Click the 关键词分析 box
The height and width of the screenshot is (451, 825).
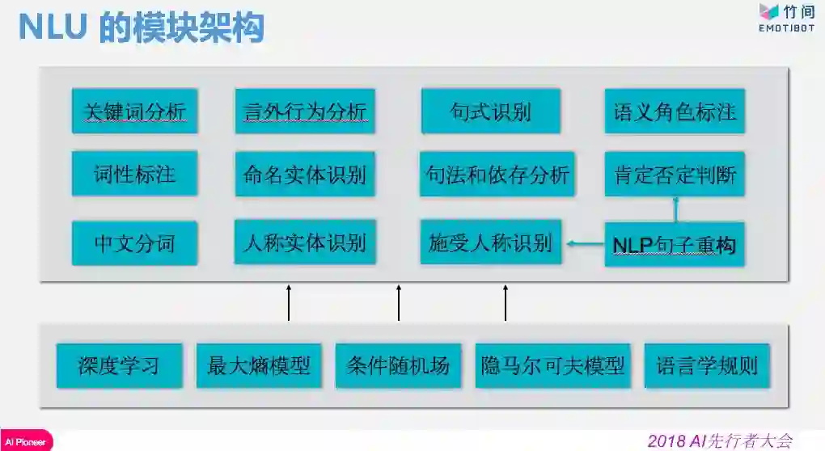[x=134, y=112]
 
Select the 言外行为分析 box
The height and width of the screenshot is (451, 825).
[x=305, y=112]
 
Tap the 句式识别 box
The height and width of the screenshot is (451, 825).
[x=491, y=112]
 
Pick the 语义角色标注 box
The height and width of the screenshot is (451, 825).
[x=675, y=112]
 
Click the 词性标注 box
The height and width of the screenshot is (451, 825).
[x=134, y=174]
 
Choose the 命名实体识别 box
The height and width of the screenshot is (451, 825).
[x=305, y=174]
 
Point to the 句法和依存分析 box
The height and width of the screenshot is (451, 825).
[x=497, y=174]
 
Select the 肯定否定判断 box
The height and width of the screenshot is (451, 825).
[x=675, y=174]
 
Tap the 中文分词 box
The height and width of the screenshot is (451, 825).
[x=134, y=243]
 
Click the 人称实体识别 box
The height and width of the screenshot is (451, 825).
[x=305, y=242]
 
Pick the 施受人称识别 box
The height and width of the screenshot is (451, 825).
[x=491, y=242]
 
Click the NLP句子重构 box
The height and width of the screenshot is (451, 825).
[x=675, y=244]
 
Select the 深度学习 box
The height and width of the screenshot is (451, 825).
[x=119, y=365]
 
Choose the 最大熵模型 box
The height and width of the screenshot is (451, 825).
[x=259, y=365]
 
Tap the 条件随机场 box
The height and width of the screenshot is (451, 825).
[x=398, y=365]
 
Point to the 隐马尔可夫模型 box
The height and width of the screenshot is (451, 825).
[x=552, y=365]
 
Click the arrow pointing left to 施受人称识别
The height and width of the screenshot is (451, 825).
[x=585, y=242]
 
